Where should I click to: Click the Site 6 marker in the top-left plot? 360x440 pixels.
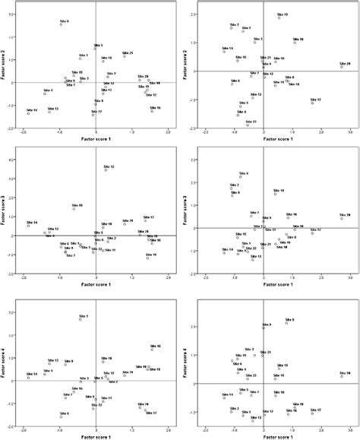pos(61,25)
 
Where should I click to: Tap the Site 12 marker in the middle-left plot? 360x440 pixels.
pos(106,170)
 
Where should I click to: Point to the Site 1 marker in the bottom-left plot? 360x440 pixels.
pos(80,319)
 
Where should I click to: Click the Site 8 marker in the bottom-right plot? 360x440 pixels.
pos(286,323)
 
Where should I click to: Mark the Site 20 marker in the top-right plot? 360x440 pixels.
pos(342,67)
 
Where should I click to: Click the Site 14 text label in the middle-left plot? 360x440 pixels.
pos(32,221)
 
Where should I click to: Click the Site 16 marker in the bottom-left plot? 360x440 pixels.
pos(152,350)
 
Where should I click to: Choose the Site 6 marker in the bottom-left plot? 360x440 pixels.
pos(61,416)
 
